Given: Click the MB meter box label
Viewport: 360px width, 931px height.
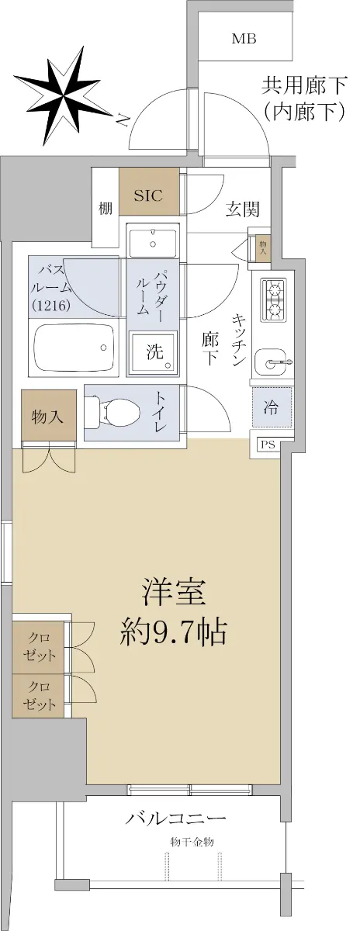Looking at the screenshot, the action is [x=244, y=39].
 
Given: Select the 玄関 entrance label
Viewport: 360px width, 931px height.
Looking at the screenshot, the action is [x=242, y=209].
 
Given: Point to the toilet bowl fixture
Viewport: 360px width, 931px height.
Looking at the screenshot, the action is [x=113, y=413].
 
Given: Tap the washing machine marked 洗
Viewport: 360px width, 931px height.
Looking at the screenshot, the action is [x=153, y=353].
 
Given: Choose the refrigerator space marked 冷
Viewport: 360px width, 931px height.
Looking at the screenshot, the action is [x=272, y=407].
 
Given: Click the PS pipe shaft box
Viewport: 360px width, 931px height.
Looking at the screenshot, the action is [x=268, y=445].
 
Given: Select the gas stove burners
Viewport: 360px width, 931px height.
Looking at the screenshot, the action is [x=274, y=299].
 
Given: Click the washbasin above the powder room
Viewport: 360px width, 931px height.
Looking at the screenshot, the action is [x=154, y=242].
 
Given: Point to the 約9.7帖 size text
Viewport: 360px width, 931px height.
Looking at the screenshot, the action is [x=173, y=632].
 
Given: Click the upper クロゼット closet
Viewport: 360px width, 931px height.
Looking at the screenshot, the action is [x=39, y=647].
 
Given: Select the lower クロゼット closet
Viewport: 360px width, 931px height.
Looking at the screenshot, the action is [x=39, y=695].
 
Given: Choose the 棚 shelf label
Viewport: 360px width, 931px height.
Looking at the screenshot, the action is [x=106, y=208].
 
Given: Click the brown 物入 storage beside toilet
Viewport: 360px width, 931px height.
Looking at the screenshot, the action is [x=49, y=415].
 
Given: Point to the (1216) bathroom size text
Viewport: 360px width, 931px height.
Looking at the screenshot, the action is [x=50, y=306].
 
